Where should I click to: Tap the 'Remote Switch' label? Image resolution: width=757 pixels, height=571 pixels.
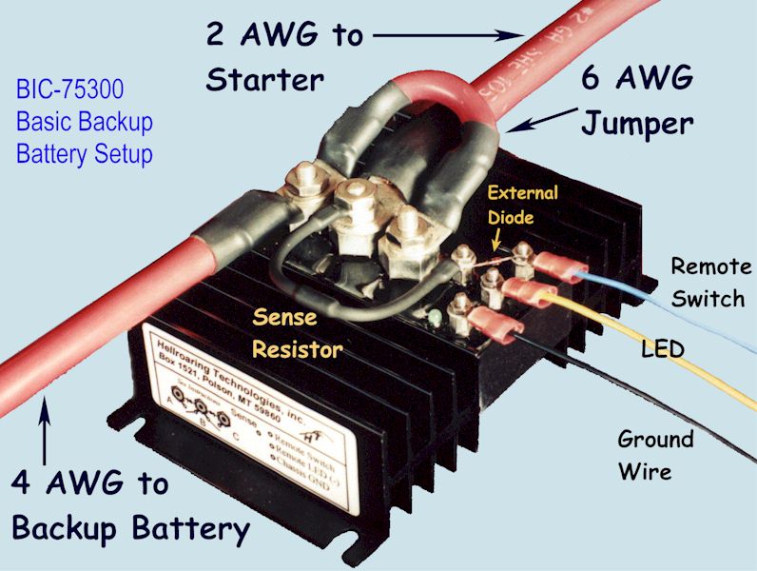(x=708, y=282)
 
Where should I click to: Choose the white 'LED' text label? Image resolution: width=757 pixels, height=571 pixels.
(x=663, y=350)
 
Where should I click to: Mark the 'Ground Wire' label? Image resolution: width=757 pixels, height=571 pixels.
(x=655, y=455)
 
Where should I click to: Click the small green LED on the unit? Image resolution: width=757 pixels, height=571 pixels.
(x=433, y=316)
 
